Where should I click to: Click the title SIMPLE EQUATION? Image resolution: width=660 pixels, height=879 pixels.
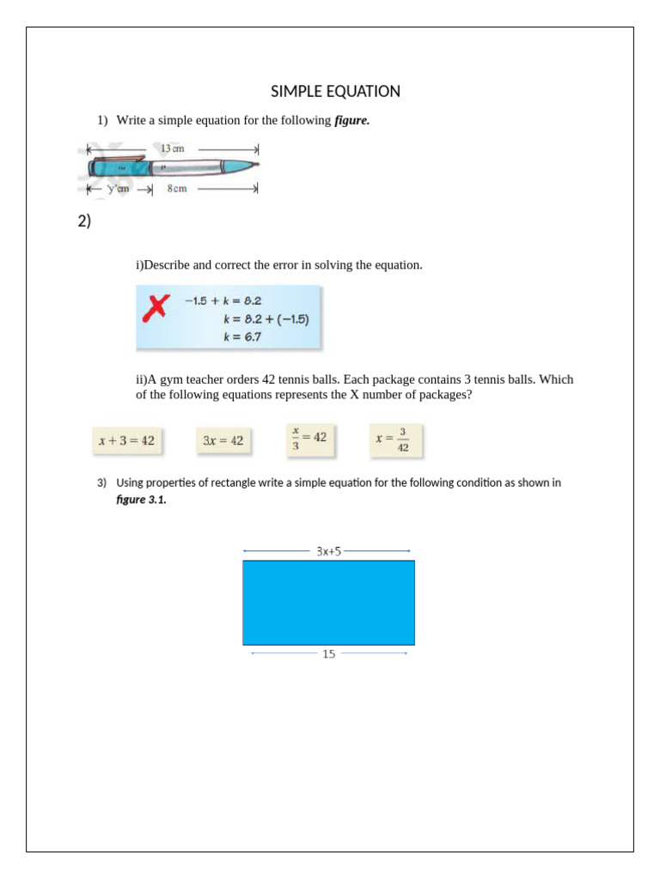335,91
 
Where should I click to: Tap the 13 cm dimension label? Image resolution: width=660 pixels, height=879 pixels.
172,149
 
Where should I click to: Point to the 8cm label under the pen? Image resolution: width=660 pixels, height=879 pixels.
176,189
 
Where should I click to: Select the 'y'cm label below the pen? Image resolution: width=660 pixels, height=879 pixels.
117,189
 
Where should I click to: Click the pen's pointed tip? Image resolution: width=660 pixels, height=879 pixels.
257,164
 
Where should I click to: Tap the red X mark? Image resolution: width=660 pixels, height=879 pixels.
156,307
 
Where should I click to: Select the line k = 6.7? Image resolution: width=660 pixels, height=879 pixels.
242,336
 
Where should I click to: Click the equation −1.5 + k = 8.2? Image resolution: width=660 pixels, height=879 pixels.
223,300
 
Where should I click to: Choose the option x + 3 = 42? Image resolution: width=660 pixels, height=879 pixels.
126,441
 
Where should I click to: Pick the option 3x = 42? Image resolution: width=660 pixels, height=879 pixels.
223,441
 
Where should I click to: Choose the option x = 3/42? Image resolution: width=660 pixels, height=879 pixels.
394,440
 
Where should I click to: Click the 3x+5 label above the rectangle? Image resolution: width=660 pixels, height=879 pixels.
328,551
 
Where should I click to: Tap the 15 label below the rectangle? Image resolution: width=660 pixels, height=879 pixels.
328,653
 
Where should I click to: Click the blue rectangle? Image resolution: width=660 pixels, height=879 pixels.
328,603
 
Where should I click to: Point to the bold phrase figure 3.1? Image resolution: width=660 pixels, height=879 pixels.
141,500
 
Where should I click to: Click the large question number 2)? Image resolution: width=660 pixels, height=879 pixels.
84,221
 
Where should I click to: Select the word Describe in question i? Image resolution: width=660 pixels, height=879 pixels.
166,265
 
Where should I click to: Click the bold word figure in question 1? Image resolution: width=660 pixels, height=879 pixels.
351,121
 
